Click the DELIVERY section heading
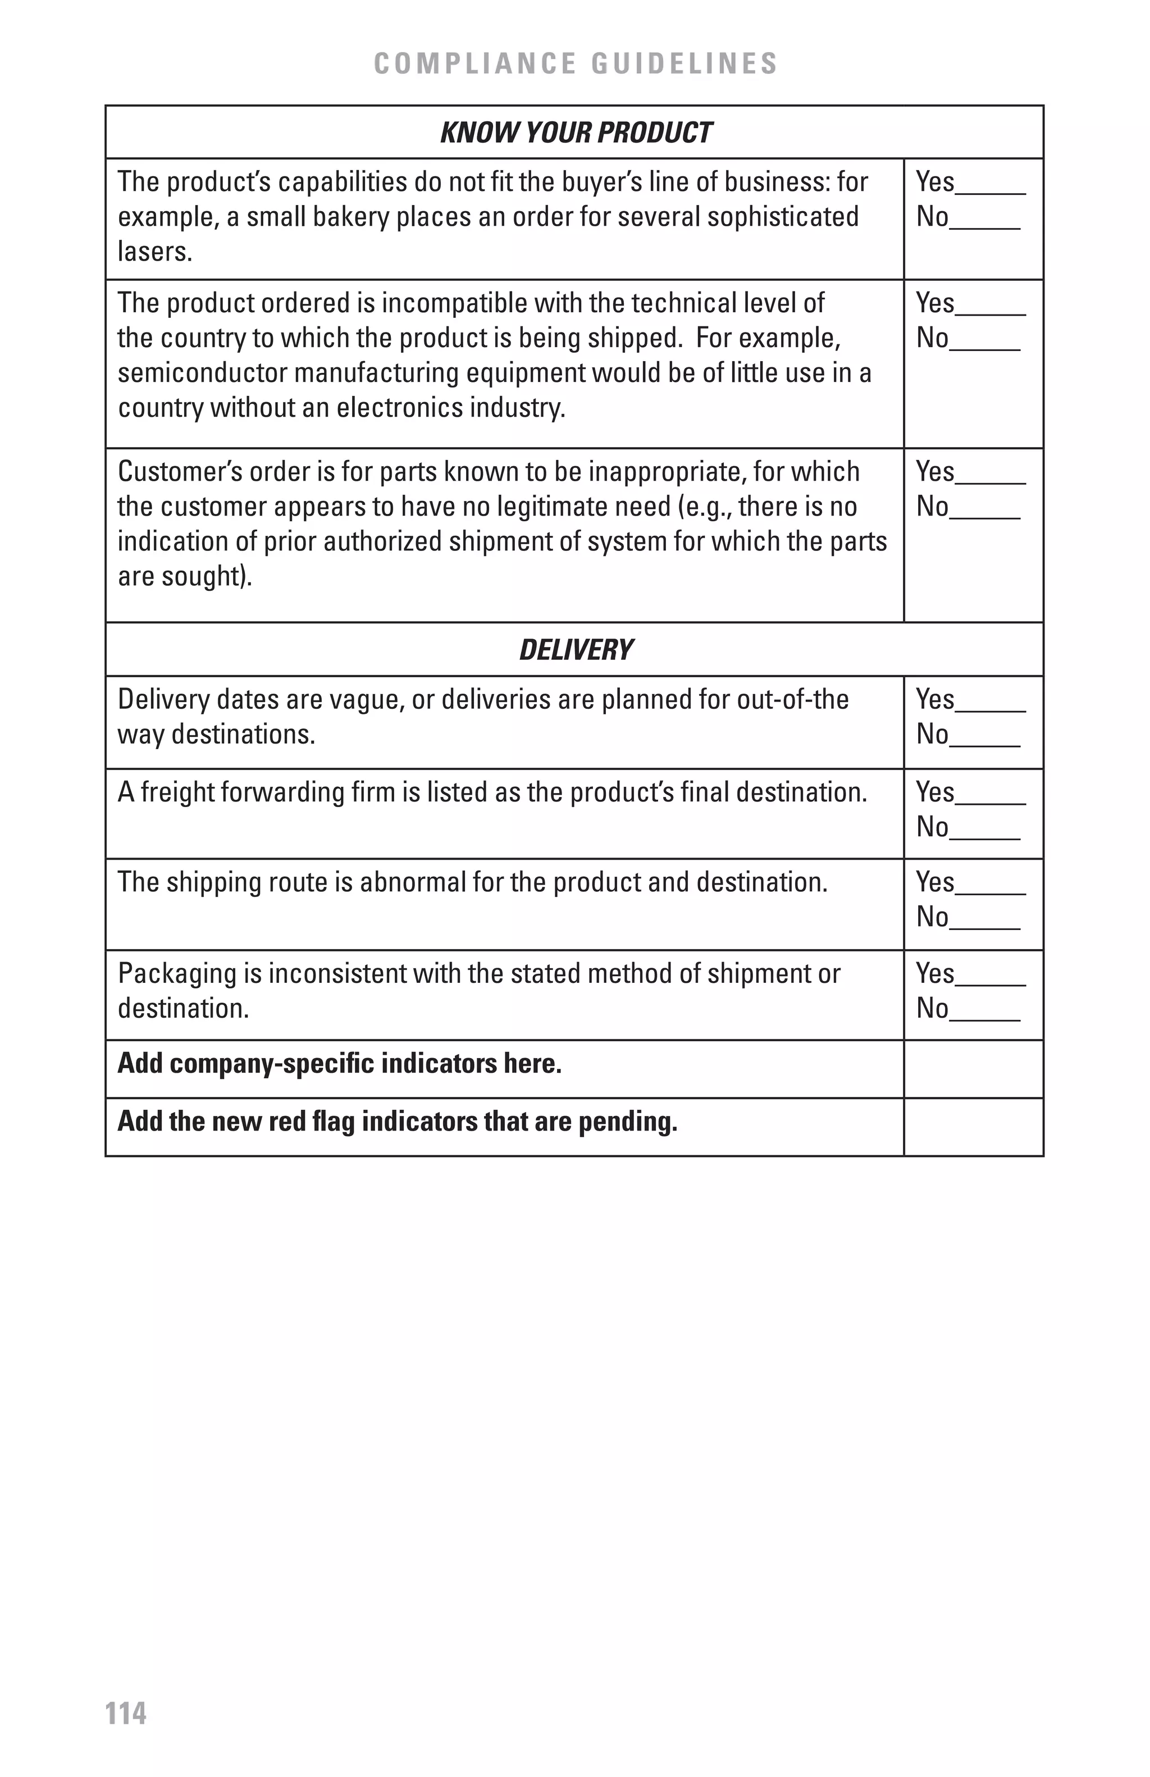point(576,650)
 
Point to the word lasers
point(154,252)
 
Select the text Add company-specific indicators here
point(340,1063)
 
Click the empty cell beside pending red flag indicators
point(973,1127)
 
